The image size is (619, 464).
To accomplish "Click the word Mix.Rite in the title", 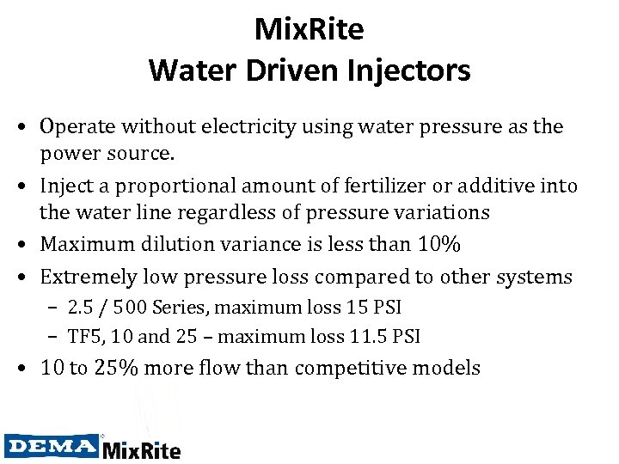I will point(309,30).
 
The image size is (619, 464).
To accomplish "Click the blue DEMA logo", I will point(52,445).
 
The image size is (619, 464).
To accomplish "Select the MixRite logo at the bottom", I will point(142,449).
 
